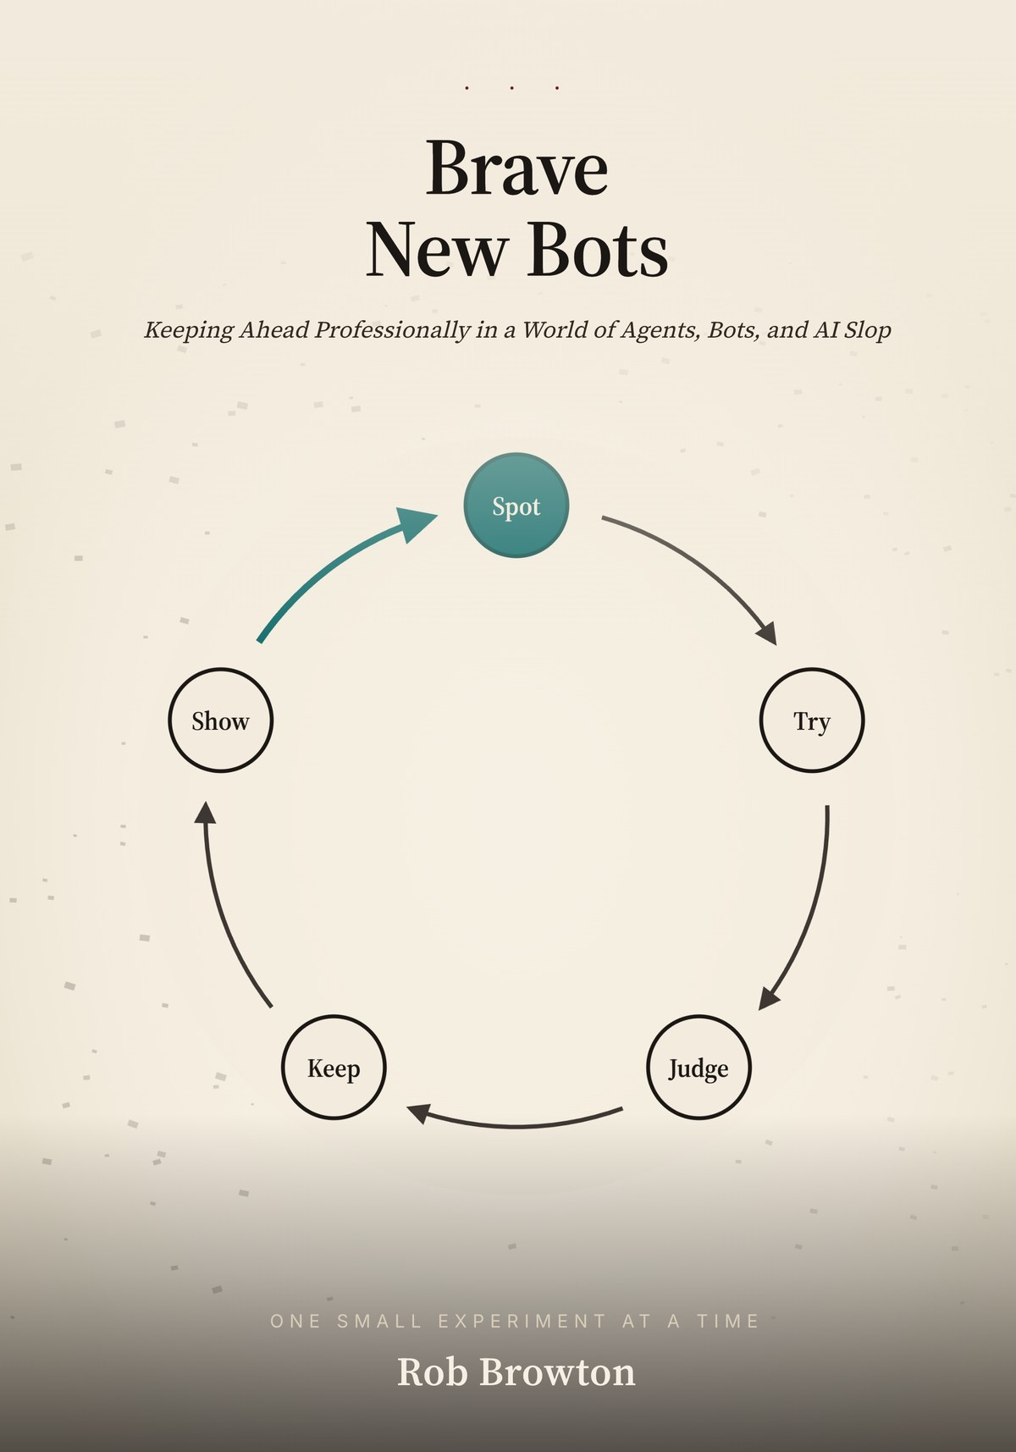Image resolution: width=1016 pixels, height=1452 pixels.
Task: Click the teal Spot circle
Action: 516,505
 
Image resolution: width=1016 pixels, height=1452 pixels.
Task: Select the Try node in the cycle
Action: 812,720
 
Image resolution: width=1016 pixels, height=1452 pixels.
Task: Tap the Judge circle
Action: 698,1067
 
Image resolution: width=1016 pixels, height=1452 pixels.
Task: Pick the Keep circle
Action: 334,1067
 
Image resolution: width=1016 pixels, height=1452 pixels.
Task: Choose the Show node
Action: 221,720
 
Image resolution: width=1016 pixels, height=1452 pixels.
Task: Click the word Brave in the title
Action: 516,168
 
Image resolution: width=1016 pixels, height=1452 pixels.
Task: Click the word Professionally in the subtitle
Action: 392,329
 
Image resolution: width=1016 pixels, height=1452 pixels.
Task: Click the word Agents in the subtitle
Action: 660,329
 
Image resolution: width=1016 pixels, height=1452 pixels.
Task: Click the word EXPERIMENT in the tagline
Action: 522,1321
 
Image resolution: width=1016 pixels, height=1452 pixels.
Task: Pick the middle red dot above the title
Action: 512,87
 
